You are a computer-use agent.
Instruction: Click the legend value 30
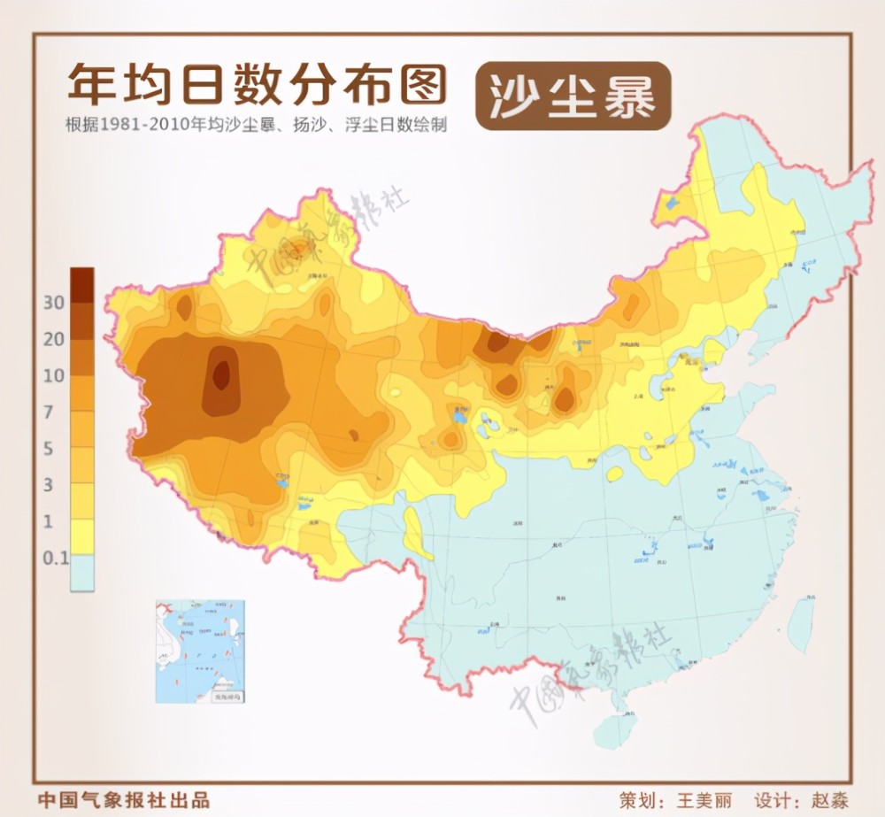pyautogui.click(x=54, y=303)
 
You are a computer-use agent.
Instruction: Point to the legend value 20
pyautogui.click(x=54, y=339)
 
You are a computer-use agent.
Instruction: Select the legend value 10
pyautogui.click(x=54, y=375)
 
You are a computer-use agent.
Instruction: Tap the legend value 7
pyautogui.click(x=50, y=412)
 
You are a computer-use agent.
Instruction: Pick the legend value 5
pyautogui.click(x=50, y=448)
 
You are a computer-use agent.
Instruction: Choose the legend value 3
pyautogui.click(x=50, y=484)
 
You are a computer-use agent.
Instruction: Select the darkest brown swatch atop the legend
pyautogui.click(x=82, y=284)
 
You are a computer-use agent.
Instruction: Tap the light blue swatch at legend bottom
pyautogui.click(x=82, y=573)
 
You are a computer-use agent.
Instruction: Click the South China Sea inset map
pyautogui.click(x=200, y=651)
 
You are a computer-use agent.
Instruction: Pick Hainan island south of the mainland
pyautogui.click(x=617, y=728)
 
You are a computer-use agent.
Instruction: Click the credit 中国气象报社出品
pyautogui.click(x=124, y=799)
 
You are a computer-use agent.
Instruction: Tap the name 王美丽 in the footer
pyautogui.click(x=704, y=799)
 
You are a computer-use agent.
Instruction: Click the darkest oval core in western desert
pyautogui.click(x=221, y=374)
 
